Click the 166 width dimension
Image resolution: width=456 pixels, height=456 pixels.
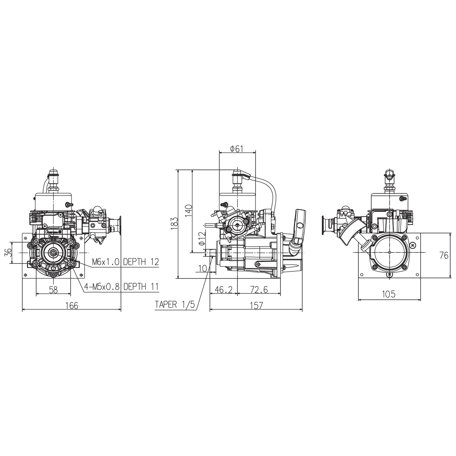71,306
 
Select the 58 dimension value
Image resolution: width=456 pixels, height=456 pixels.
54,290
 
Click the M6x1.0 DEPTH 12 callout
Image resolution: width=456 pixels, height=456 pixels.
125,262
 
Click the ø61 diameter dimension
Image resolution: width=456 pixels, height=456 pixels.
237,149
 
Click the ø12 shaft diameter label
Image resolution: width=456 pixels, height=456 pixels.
201,238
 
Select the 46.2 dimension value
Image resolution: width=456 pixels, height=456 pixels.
223,290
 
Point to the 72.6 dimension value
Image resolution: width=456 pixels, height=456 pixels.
259,290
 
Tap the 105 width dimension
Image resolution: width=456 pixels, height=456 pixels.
389,294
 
